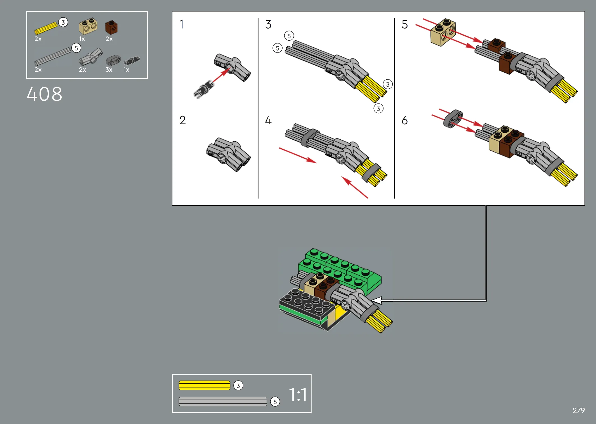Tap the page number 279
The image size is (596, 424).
click(x=579, y=411)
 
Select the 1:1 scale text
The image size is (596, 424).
click(x=298, y=395)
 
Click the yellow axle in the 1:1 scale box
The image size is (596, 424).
click(x=204, y=385)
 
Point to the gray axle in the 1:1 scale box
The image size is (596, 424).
click(x=223, y=401)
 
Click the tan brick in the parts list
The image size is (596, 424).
click(x=88, y=26)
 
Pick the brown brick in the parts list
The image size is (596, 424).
click(x=111, y=27)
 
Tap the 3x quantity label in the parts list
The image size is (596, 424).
click(x=109, y=70)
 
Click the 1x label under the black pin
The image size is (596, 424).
click(x=126, y=70)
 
